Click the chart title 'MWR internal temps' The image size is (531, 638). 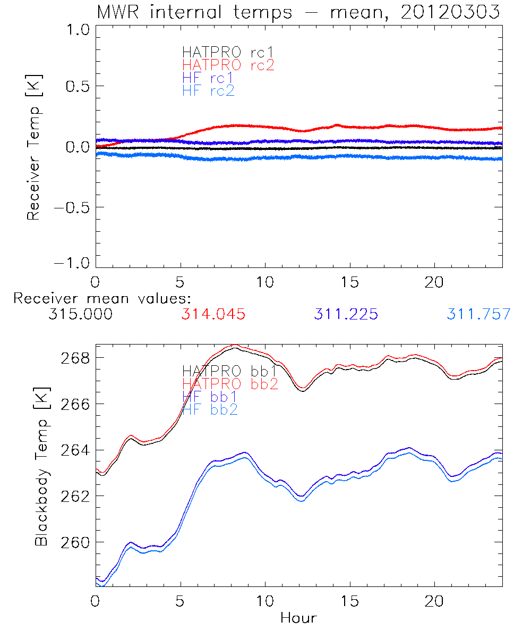pyautogui.click(x=194, y=12)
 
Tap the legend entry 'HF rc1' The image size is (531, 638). pyautogui.click(x=208, y=78)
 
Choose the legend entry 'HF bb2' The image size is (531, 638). pyautogui.click(x=210, y=409)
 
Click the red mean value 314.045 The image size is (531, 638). pyautogui.click(x=213, y=314)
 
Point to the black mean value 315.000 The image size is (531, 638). pyautogui.click(x=80, y=314)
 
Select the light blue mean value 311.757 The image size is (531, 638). pyautogui.click(x=478, y=314)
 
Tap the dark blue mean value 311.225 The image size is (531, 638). pyautogui.click(x=346, y=314)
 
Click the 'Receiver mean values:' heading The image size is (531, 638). pyautogui.click(x=102, y=298)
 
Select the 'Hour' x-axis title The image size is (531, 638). pyautogui.click(x=298, y=618)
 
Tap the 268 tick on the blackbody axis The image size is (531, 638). pyautogui.click(x=75, y=358)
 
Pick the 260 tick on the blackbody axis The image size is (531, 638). pyautogui.click(x=75, y=542)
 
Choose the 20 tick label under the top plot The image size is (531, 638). pyautogui.click(x=434, y=282)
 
